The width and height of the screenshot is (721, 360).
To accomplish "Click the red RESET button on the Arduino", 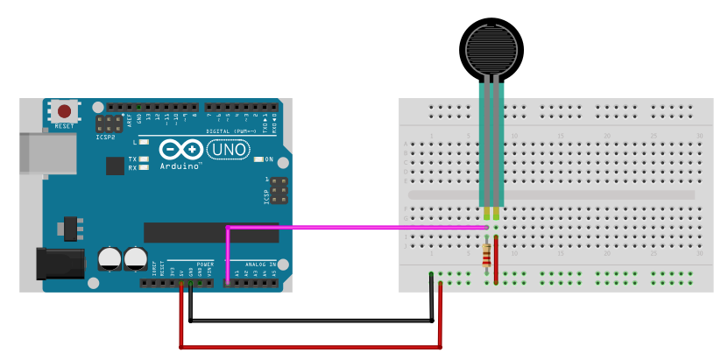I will click(x=64, y=111).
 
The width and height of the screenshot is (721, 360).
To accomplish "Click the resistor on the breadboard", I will click(x=487, y=255).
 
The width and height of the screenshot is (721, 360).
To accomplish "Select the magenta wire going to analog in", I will click(x=350, y=228).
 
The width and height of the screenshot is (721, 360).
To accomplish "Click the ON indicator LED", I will click(x=258, y=159).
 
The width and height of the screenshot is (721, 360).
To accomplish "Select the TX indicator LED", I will click(x=143, y=159).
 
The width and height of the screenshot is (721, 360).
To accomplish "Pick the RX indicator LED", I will click(x=143, y=167).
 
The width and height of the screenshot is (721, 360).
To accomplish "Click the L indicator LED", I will click(x=143, y=141).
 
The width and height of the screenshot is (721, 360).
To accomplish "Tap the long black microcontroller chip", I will click(x=210, y=232).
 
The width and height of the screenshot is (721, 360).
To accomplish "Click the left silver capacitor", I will click(x=110, y=258).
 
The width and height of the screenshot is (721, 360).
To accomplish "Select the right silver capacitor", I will click(x=135, y=258).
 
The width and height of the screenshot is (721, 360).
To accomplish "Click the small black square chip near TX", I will click(x=115, y=166).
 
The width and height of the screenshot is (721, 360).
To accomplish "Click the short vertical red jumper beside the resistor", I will click(x=497, y=258).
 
